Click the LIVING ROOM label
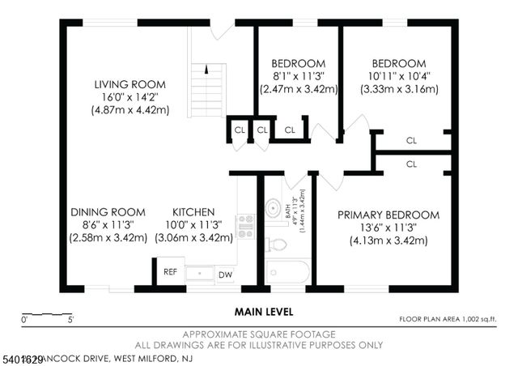pyautogui.click(x=129, y=84)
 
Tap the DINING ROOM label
pyautogui.click(x=107, y=213)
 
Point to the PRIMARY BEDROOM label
pyautogui.click(x=388, y=215)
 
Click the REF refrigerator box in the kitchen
pyautogui.click(x=170, y=272)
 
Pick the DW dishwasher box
pyautogui.click(x=224, y=275)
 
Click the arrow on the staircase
pyautogui.click(x=208, y=70)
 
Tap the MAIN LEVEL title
pyautogui.click(x=264, y=311)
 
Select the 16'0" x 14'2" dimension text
pyautogui.click(x=129, y=97)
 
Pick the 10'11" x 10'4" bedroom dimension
pyautogui.click(x=398, y=76)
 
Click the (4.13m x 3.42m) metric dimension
pyautogui.click(x=388, y=240)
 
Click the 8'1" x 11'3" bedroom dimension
pyautogui.click(x=299, y=76)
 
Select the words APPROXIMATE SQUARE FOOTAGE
pyautogui.click(x=258, y=334)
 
